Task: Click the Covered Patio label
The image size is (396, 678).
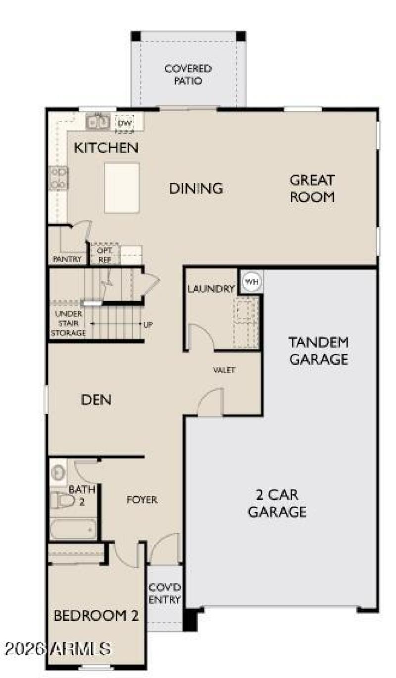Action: pos(188,74)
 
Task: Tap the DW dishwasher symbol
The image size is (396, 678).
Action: pos(122,122)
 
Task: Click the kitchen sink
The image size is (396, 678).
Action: pos(98,121)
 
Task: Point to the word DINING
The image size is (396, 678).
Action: pos(196,189)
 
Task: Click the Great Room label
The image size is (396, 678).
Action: pos(312,189)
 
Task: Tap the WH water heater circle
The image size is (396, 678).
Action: pos(252,282)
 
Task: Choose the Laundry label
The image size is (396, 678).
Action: pos(210,289)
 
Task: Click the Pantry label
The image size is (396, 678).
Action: pos(67,259)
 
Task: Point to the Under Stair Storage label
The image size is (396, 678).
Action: pos(68,324)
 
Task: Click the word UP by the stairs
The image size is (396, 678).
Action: pos(148,325)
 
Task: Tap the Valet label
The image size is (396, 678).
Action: pos(224,370)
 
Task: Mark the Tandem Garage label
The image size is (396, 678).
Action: pos(319,350)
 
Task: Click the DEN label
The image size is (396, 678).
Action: pos(96,400)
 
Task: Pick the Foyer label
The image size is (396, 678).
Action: pos(142,500)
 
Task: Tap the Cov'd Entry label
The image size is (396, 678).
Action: pos(165,593)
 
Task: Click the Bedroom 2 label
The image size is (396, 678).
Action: pos(96,616)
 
